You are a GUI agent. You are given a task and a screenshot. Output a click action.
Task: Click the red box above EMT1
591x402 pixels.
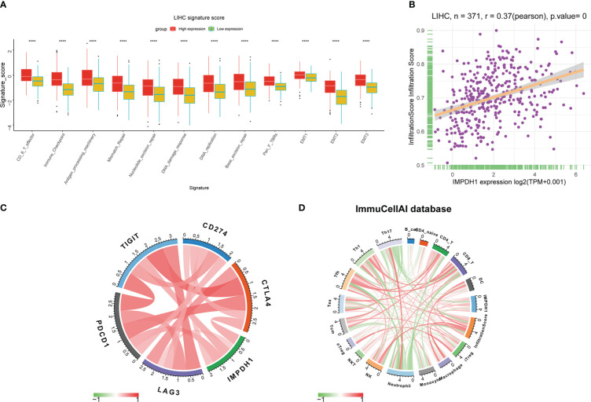(299, 75)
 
